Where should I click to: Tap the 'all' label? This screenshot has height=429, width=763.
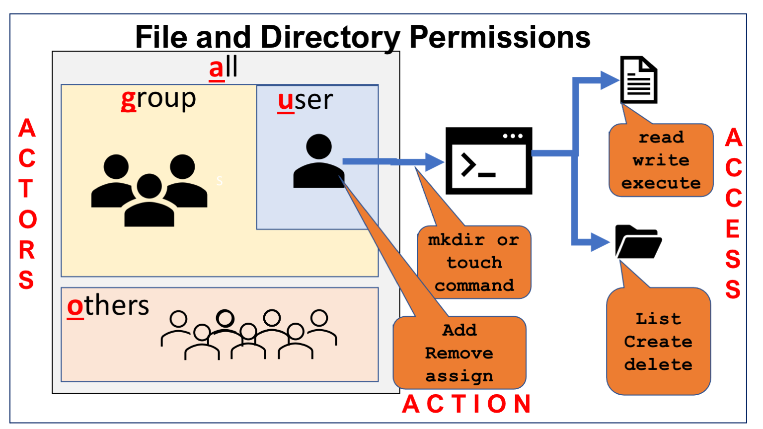click(x=223, y=68)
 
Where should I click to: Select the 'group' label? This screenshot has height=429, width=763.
click(x=158, y=99)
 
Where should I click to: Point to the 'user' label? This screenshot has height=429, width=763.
click(x=305, y=101)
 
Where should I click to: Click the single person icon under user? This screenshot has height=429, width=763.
click(x=318, y=161)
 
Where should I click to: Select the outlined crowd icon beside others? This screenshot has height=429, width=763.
click(x=249, y=334)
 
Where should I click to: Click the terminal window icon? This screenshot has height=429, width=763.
click(x=489, y=160)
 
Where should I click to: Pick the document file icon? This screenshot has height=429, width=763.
click(x=639, y=80)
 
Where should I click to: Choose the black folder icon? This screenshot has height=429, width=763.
click(x=638, y=242)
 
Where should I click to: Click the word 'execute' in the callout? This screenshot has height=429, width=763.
click(x=661, y=183)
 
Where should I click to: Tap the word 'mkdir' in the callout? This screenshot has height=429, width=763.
click(x=456, y=240)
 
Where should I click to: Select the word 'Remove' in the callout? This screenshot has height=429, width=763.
click(x=459, y=353)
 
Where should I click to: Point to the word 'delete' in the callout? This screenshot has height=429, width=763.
click(x=658, y=364)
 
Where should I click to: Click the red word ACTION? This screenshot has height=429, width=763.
click(x=467, y=404)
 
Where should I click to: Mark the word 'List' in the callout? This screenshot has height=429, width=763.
click(x=658, y=318)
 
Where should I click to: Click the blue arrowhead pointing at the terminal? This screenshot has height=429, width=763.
click(x=434, y=161)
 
